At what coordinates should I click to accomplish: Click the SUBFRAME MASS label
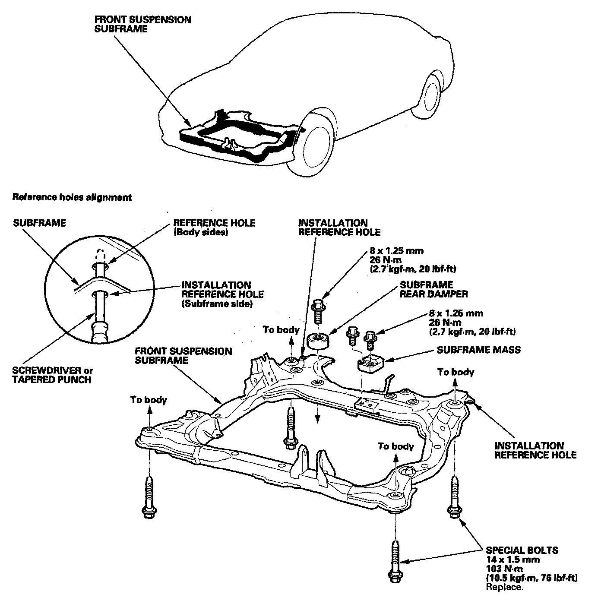[478, 349]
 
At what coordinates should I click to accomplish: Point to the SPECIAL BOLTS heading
[522, 550]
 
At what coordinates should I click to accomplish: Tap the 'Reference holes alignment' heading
[72, 197]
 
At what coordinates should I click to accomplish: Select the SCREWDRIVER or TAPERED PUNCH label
[53, 375]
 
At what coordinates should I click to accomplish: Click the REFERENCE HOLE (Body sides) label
[214, 227]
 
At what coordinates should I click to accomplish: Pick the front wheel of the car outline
[318, 144]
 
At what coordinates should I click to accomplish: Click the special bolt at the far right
[454, 496]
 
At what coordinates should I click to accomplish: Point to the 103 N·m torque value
[504, 569]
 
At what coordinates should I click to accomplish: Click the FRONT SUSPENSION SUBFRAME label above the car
[142, 24]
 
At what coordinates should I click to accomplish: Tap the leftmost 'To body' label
[149, 400]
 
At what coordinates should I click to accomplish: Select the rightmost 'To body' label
[455, 372]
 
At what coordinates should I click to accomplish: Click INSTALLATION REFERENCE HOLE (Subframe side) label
[222, 294]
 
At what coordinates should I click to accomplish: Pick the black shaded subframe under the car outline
[233, 138]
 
